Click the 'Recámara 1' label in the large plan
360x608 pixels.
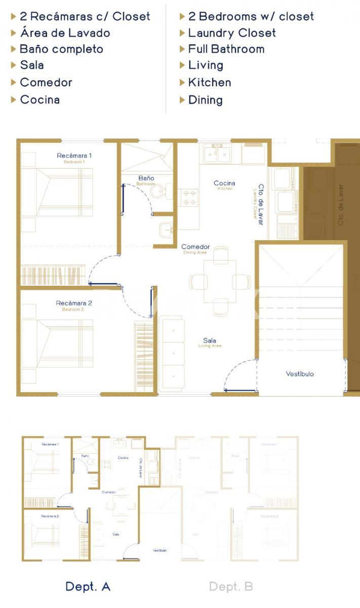click(x=74, y=156)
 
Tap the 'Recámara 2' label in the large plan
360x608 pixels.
click(x=74, y=303)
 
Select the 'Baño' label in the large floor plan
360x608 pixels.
click(x=146, y=178)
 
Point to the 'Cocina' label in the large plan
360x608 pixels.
click(x=224, y=183)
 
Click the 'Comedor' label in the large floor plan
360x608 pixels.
click(x=195, y=247)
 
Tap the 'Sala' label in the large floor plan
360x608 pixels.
click(x=210, y=340)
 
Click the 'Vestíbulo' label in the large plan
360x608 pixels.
click(x=300, y=374)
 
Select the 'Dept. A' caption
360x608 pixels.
click(x=88, y=587)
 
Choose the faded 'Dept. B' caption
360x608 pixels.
click(x=231, y=587)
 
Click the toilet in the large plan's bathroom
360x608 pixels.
click(x=159, y=191)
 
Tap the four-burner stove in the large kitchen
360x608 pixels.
click(x=190, y=198)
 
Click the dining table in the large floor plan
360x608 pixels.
click(x=220, y=281)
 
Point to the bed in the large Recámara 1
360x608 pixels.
click(x=57, y=193)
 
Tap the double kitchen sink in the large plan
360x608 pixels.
click(x=218, y=153)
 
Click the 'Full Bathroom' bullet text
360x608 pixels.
click(x=226, y=49)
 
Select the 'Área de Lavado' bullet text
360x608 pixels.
click(x=65, y=33)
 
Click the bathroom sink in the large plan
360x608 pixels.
click(x=166, y=230)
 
